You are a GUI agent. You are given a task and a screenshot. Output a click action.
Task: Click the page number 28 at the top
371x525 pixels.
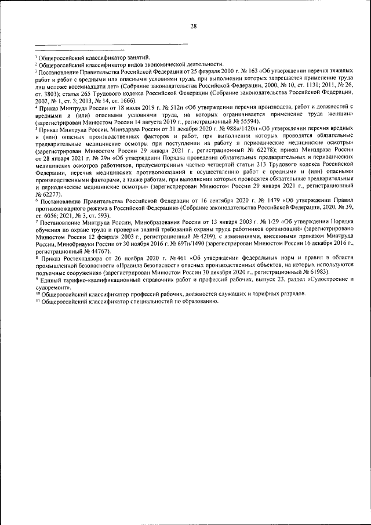point(194,26)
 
